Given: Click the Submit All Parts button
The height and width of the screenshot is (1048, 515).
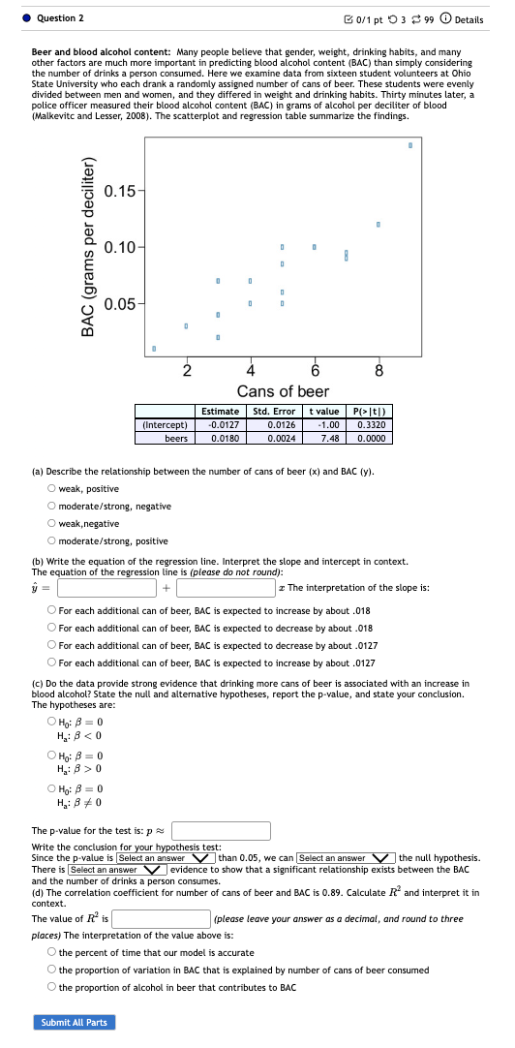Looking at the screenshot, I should tap(74, 1023).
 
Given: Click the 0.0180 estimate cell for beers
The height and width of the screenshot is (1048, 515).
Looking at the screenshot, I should tap(219, 438).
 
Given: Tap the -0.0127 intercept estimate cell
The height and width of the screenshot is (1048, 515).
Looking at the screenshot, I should tap(219, 424).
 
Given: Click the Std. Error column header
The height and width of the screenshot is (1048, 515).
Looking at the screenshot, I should tap(274, 411).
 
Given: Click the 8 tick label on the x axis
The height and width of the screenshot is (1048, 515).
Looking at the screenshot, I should tap(379, 370).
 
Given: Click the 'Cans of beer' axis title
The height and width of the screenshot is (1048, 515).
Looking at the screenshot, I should tap(283, 391).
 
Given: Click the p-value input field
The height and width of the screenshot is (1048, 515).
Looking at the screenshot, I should tap(222, 830).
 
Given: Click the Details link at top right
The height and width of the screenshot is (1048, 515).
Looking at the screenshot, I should tap(463, 19).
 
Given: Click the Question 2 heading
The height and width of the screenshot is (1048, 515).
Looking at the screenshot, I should tap(60, 18).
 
